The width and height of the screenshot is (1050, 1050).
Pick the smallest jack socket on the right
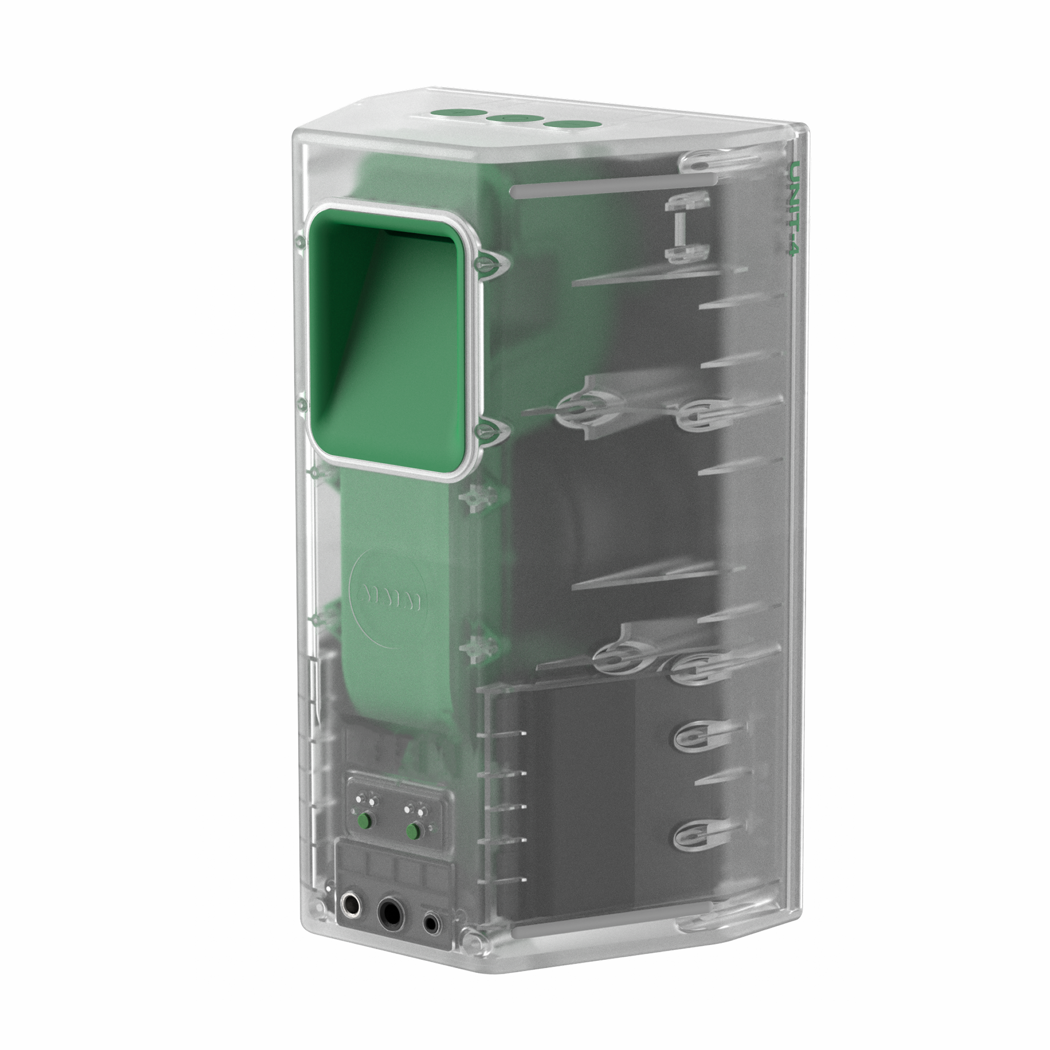tap(433, 922)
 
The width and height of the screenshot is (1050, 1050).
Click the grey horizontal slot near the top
tap(614, 185)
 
